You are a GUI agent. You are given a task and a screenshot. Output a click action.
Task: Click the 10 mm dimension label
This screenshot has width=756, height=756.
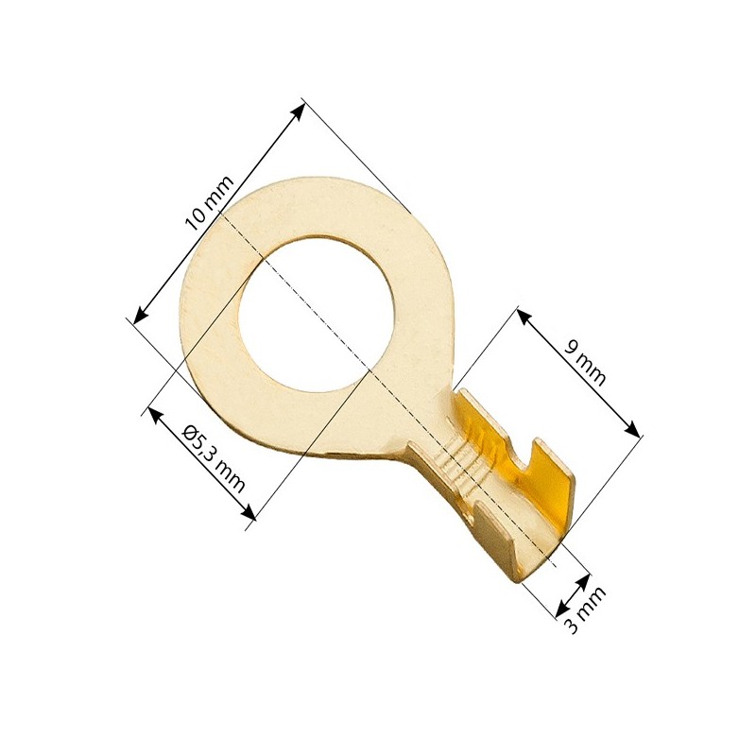coord(210,202)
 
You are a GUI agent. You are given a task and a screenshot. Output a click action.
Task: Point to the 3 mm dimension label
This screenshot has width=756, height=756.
coord(585,610)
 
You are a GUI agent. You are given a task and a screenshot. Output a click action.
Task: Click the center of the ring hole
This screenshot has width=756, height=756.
coord(317,314)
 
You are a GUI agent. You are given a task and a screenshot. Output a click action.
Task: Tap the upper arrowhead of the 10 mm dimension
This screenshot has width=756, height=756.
coord(297,111)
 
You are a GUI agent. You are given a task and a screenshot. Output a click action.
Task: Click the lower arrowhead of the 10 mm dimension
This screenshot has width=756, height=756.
coord(140,315)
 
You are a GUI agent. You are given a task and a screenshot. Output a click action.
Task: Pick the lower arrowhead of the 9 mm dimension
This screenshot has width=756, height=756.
coord(632,429)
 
